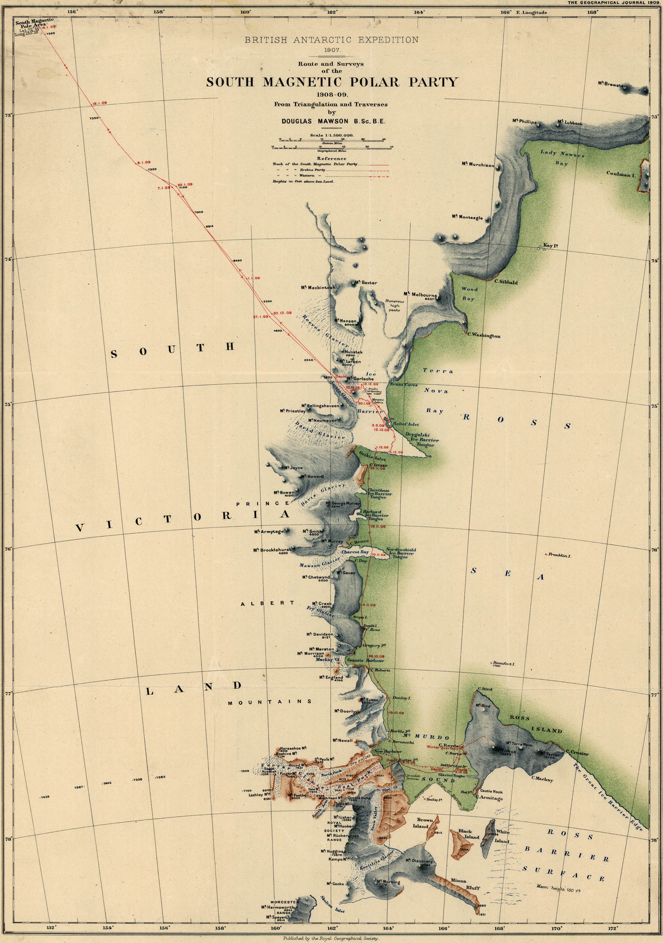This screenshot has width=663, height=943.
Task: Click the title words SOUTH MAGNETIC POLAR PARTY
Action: (x=331, y=82)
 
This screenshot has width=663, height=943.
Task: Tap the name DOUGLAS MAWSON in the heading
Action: (x=315, y=122)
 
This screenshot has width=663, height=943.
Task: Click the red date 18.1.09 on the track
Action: (x=99, y=103)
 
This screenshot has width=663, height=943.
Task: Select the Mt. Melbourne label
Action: (x=420, y=295)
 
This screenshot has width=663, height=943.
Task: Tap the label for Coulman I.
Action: (x=621, y=174)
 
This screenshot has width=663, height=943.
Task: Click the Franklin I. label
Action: (x=560, y=555)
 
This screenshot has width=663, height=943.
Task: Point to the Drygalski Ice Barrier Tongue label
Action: (x=422, y=440)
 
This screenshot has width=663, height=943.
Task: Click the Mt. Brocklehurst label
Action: (x=272, y=550)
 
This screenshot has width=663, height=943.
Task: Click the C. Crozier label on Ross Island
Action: (x=577, y=753)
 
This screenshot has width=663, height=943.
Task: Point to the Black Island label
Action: (x=468, y=834)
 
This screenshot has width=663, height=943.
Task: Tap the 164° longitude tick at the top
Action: (x=419, y=12)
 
